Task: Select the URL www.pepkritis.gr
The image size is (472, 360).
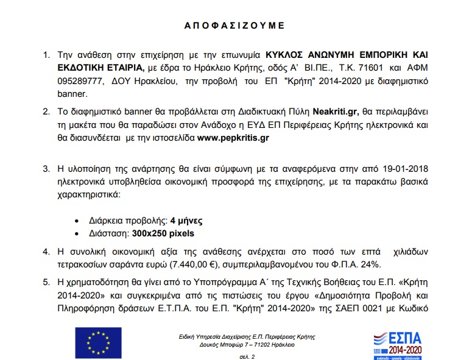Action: pyautogui.click(x=233, y=138)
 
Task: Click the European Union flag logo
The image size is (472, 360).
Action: pyautogui.click(x=94, y=342)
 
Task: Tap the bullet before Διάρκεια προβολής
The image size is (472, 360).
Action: pyautogui.click(x=76, y=221)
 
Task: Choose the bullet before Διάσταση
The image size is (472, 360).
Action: pyautogui.click(x=76, y=233)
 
